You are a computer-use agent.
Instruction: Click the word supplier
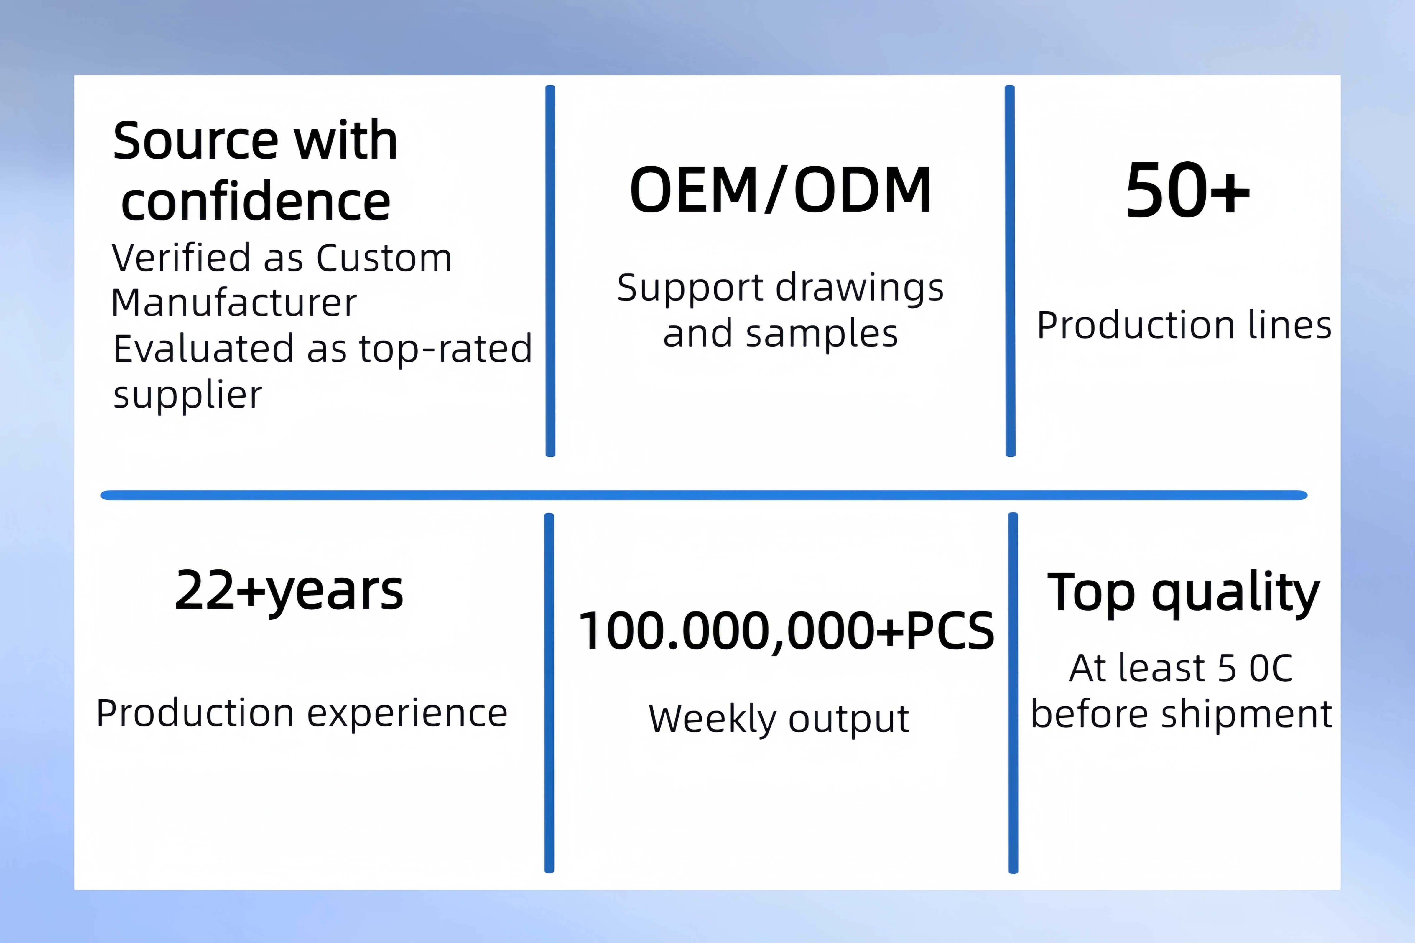pos(188,395)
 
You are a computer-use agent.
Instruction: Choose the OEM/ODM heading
pos(780,190)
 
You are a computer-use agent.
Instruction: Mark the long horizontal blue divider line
pos(704,495)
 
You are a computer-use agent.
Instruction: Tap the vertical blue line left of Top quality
pos(1013,693)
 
